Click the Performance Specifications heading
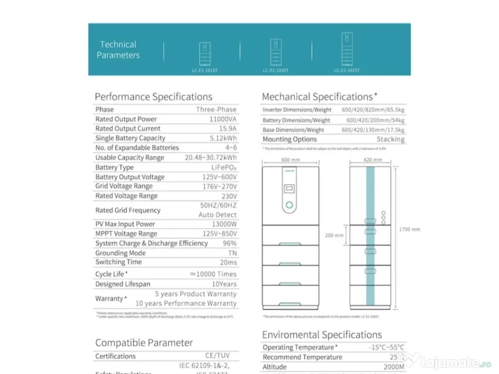point(154,96)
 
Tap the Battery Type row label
point(114,167)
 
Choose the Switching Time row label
point(118,262)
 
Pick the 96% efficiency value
point(230,243)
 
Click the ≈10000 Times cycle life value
point(213,274)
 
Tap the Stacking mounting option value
point(390,139)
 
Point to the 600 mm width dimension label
point(290,159)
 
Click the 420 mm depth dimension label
point(372,159)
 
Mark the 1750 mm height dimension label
point(409,229)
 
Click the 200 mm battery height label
point(334,235)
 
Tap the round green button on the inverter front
point(289,206)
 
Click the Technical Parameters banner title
point(118,50)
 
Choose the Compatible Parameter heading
point(144,342)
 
